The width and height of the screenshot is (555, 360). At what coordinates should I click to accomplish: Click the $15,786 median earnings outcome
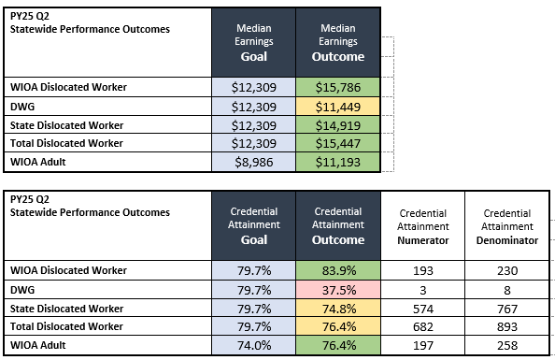coord(339,87)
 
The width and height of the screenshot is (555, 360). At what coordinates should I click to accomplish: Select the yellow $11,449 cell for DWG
coord(339,107)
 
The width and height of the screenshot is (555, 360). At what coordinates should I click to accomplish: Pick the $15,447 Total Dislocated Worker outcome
coord(339,144)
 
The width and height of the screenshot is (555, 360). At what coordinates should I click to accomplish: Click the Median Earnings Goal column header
coord(254,42)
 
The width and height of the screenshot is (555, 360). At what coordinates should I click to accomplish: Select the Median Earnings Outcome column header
coord(339,42)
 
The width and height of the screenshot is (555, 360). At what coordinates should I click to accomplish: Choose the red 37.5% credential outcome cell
coord(339,289)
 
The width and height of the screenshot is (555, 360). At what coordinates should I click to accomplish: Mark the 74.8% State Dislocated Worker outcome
coord(339,308)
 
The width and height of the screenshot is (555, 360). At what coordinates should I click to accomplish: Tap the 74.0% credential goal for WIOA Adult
coord(254,345)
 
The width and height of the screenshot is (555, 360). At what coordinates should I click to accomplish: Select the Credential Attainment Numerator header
coord(423,225)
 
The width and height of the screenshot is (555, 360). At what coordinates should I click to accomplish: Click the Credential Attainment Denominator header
coord(508,225)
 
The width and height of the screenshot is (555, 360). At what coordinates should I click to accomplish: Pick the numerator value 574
coord(423,308)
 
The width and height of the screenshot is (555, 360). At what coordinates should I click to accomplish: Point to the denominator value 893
coord(508,326)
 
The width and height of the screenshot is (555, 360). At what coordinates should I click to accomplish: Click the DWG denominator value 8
coord(508,289)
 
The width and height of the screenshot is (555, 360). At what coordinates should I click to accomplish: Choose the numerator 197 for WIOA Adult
coord(423,345)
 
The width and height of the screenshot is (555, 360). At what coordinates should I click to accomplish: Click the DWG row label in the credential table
coord(22,289)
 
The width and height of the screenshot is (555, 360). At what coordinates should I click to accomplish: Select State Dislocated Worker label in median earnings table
coord(65,125)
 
